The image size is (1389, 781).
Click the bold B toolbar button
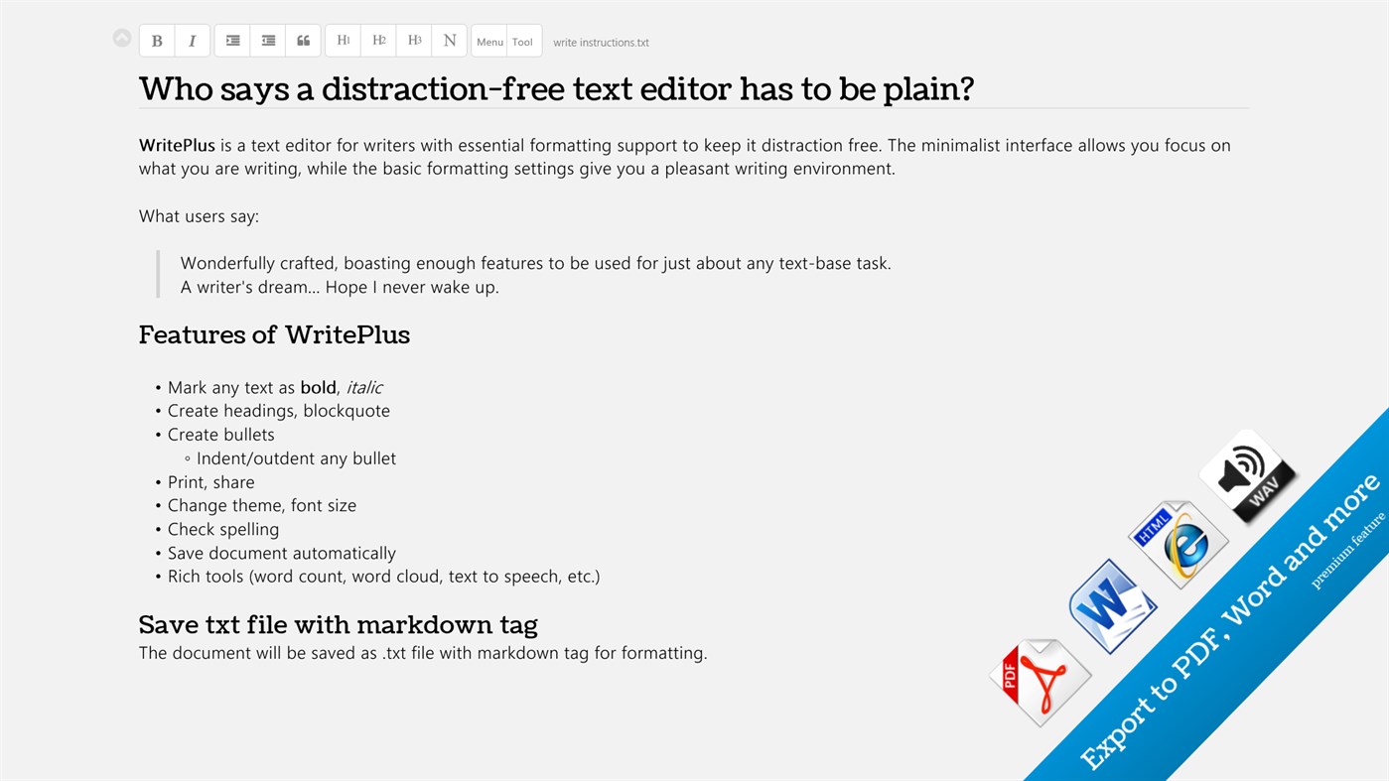(157, 41)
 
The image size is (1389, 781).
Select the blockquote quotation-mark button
(304, 41)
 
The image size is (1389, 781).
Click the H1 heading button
(344, 41)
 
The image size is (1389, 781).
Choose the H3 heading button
(414, 41)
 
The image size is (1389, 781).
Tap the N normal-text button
(450, 41)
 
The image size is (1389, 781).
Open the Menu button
(489, 42)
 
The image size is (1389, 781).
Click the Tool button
(523, 42)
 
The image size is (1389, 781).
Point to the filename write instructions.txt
(601, 43)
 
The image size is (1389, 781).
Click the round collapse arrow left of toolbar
(122, 39)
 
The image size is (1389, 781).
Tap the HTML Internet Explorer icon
(1179, 543)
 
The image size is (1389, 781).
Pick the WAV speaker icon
(1248, 474)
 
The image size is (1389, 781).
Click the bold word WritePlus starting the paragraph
(177, 146)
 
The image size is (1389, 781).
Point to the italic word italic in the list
(364, 388)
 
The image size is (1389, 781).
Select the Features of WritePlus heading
(274, 335)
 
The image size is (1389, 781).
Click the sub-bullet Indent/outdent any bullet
(296, 458)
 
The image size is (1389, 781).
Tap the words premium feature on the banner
(1347, 552)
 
